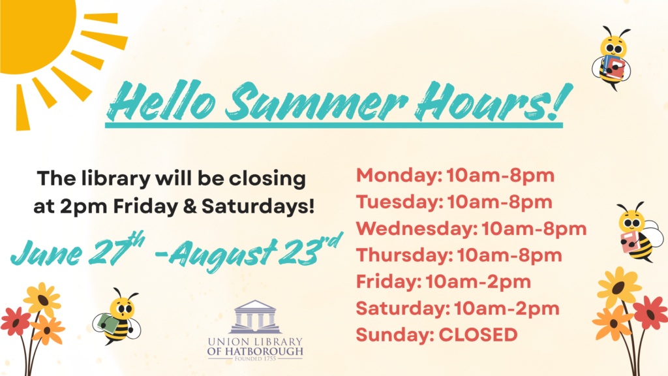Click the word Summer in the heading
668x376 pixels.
pyautogui.click(x=316, y=102)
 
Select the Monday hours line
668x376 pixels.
pyautogui.click(x=455, y=176)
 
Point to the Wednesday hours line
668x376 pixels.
pyautogui.click(x=471, y=229)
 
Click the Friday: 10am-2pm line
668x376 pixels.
pyautogui.click(x=444, y=282)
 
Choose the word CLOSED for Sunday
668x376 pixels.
pyautogui.click(x=478, y=335)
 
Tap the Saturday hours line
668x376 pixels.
pyautogui.click(x=457, y=309)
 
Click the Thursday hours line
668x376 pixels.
pyautogui.click(x=459, y=255)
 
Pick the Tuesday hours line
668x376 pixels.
pyautogui.click(x=454, y=202)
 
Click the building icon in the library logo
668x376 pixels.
pyautogui.click(x=254, y=317)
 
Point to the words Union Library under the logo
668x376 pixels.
pyautogui.click(x=255, y=341)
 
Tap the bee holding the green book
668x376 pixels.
pyautogui.click(x=117, y=317)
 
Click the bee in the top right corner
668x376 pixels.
pyautogui.click(x=611, y=58)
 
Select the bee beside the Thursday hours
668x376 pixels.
pyautogui.click(x=640, y=232)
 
